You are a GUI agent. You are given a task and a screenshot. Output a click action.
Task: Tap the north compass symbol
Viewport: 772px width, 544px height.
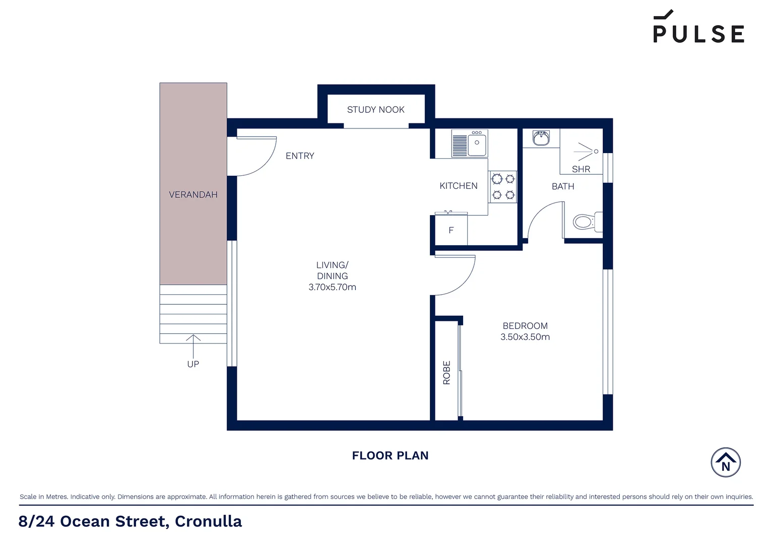[x=726, y=462]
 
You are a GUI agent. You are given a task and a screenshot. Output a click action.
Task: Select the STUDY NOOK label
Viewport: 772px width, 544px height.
[x=375, y=110]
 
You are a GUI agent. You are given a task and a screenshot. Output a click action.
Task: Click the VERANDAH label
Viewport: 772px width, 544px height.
[x=193, y=194]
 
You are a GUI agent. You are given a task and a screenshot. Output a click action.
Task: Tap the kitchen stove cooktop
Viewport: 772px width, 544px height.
[x=503, y=186]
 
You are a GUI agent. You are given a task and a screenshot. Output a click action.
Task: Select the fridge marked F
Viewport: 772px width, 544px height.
[x=451, y=230]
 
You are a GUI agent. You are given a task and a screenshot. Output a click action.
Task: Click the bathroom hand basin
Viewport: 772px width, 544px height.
[x=541, y=138]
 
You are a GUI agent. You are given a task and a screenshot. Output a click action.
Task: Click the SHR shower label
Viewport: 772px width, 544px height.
[x=581, y=169]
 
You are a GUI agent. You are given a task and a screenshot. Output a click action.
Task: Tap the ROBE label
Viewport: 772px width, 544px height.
[x=446, y=373]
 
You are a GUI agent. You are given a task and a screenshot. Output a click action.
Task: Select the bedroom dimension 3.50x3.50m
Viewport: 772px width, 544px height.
[x=525, y=337]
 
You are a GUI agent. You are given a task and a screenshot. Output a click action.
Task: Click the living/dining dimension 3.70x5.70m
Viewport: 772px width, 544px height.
[x=332, y=287]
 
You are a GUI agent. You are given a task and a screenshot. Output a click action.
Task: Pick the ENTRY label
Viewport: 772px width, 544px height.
[x=300, y=156]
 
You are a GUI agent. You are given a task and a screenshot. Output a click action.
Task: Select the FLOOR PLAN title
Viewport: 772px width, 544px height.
[x=390, y=455]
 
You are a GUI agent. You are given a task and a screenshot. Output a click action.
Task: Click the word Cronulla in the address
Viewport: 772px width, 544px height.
[x=208, y=521]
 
